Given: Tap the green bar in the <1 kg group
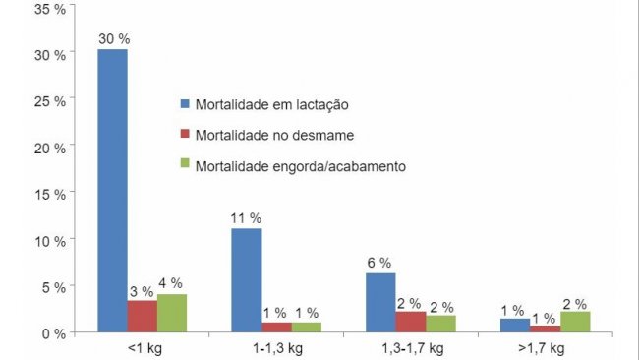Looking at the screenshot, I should (172, 314).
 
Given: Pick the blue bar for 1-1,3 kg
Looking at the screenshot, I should (247, 280).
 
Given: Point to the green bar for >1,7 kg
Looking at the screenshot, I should (575, 322).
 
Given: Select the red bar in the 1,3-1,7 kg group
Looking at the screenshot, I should (410, 323).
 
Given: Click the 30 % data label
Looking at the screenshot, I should (112, 38).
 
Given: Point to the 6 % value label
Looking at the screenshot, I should (379, 263).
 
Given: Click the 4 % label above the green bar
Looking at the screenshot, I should (173, 283).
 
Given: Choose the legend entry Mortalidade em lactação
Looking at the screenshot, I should (266, 103).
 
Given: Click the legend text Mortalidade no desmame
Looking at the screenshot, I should (264, 134).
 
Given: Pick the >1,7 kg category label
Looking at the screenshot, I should (545, 349).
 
